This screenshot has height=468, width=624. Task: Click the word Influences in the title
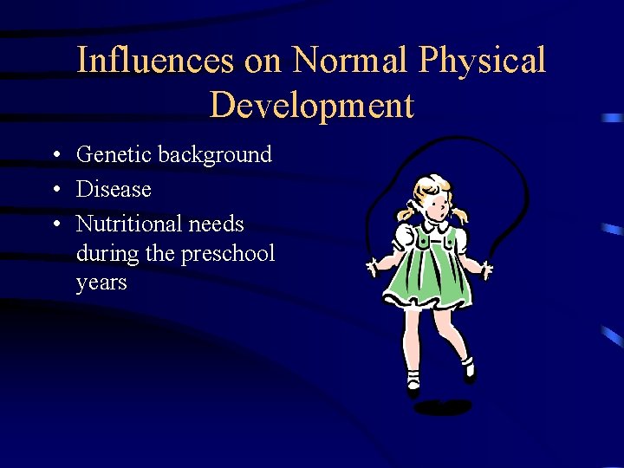click(154, 61)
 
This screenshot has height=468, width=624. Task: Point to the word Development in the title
click(312, 106)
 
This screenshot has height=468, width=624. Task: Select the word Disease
click(114, 189)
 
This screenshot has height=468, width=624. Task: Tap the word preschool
click(229, 254)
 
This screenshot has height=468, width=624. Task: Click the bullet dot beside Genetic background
click(55, 156)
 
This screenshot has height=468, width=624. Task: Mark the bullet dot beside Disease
click(55, 190)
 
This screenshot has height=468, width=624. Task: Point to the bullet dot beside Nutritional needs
click(55, 224)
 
